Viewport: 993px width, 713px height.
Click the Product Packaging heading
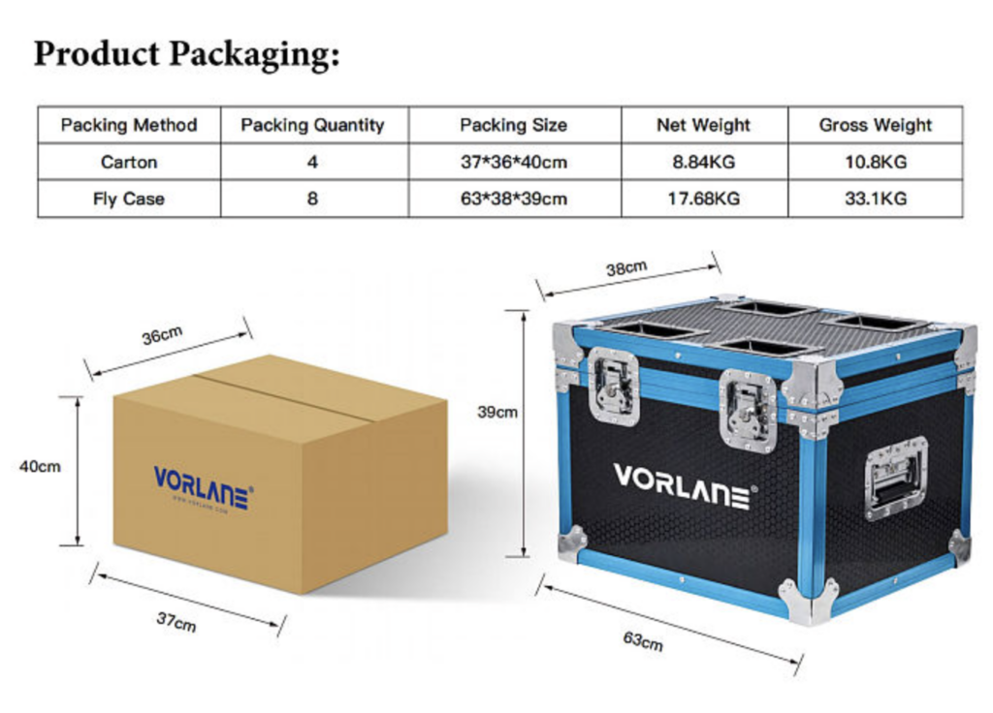187,53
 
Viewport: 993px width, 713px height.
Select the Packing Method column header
129,125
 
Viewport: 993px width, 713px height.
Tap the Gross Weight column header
875,125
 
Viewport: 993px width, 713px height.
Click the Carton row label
129,162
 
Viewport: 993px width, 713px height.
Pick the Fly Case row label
129,199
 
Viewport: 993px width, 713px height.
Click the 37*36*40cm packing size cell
513,162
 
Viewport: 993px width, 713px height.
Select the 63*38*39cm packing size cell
513,199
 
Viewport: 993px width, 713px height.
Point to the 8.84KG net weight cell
703,162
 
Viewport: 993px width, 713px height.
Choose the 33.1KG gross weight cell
875,199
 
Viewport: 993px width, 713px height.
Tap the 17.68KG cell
703,199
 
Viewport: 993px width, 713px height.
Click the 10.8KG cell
875,162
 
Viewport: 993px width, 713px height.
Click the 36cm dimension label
162,336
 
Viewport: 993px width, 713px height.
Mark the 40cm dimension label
40,466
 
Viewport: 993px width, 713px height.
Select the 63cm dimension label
642,640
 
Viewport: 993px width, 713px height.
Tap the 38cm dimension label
626,268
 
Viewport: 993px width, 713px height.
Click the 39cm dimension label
497,412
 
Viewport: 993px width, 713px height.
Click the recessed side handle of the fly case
896,478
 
